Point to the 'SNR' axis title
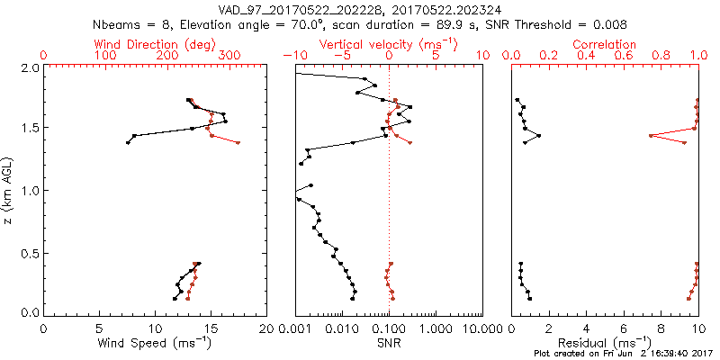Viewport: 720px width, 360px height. point(389,342)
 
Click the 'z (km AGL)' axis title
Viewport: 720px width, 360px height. point(10,190)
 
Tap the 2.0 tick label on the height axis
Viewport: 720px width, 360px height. point(30,67)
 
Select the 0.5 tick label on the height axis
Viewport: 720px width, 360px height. point(30,252)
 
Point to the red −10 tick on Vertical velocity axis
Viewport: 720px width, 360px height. point(293,55)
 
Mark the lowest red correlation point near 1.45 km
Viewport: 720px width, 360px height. point(651,136)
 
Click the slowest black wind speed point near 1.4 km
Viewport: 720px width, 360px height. point(128,143)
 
